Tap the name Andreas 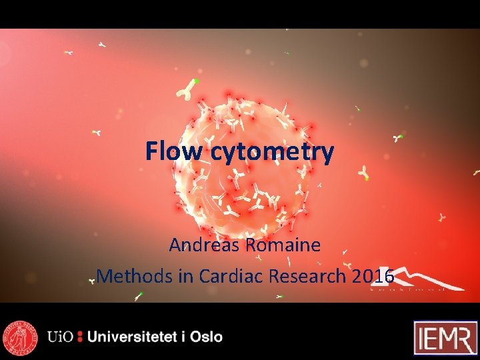coord(205,245)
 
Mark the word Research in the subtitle coord(312,275)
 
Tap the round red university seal coord(20,337)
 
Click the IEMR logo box coord(445,337)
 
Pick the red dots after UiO coord(80,337)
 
